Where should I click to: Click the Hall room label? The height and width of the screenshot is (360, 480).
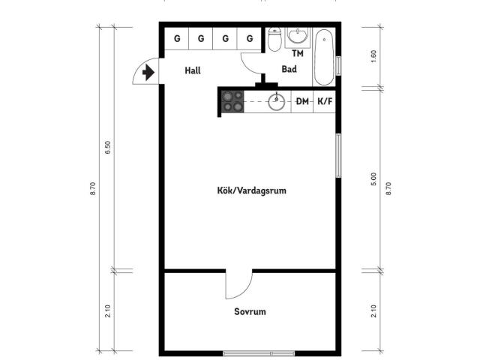tap(193, 70)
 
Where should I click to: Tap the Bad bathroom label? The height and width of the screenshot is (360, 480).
tap(289, 69)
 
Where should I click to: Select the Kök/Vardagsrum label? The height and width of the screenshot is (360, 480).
tap(252, 190)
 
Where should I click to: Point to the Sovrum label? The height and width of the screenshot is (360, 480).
tap(250, 312)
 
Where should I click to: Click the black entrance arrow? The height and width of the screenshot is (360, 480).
tap(148, 73)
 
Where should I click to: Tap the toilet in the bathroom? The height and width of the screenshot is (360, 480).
tap(274, 39)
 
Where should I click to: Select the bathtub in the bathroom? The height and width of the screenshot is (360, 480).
tap(324, 57)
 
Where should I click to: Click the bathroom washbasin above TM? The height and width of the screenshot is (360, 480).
tap(297, 36)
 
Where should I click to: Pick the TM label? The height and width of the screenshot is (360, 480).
tap(298, 53)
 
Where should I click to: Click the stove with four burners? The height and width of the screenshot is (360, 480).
tap(232, 101)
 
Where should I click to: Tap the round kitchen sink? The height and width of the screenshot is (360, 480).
tap(276, 102)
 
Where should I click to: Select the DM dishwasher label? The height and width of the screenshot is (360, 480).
tap(302, 101)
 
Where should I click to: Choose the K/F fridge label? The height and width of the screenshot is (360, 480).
tap(325, 101)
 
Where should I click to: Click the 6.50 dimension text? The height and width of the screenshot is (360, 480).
tap(108, 148)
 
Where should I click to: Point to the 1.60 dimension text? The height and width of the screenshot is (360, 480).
tap(373, 56)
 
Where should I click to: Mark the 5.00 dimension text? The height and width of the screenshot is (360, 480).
tap(373, 179)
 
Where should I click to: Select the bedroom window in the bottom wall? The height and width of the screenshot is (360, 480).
tap(259, 353)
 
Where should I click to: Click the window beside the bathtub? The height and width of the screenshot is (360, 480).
tap(338, 66)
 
